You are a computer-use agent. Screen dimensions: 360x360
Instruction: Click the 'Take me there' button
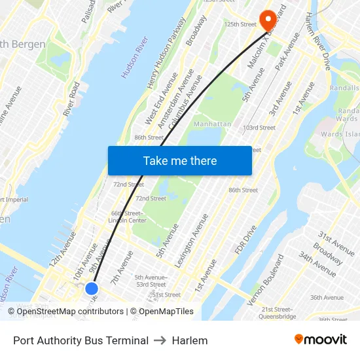(x=180, y=160)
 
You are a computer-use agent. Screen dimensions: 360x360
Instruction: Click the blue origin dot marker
(x=92, y=288)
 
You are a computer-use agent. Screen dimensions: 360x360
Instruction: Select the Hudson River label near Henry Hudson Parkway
(x=134, y=58)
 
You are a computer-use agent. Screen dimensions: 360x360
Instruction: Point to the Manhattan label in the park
(x=213, y=124)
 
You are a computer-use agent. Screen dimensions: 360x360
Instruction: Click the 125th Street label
(x=240, y=24)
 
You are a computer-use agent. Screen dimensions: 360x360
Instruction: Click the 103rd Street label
(x=259, y=128)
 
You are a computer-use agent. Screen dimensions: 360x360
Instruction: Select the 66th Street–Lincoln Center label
(x=128, y=217)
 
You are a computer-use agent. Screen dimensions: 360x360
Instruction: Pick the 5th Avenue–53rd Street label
(x=150, y=281)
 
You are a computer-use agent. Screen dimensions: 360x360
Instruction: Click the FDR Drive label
(x=245, y=241)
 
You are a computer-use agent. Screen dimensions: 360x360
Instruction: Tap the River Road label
(x=71, y=99)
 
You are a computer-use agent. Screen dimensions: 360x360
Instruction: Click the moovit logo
(x=321, y=340)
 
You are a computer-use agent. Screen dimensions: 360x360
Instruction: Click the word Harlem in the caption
(x=190, y=340)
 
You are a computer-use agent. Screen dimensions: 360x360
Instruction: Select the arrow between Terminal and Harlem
(x=160, y=340)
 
